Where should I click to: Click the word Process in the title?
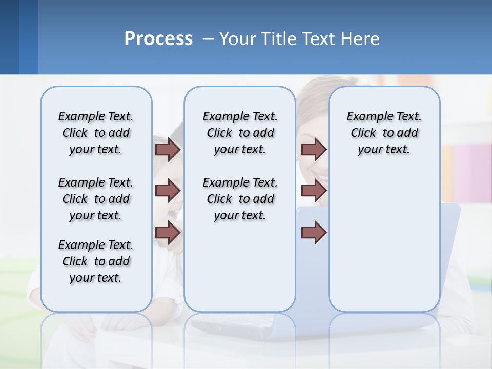[x=158, y=39]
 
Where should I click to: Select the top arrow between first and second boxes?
[x=168, y=149]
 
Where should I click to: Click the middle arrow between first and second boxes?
[x=168, y=191]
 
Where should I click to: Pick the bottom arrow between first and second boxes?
[x=168, y=233]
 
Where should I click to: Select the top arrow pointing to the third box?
[x=314, y=149]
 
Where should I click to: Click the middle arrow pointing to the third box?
[x=314, y=191]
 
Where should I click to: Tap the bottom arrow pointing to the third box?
[x=314, y=233]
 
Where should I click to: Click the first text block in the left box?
[x=96, y=133]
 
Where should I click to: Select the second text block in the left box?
[x=96, y=199]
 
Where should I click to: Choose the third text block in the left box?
[x=96, y=261]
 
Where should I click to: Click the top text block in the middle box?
[x=240, y=133]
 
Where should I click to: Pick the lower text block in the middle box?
[x=240, y=199]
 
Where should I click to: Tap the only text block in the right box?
[x=384, y=133]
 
